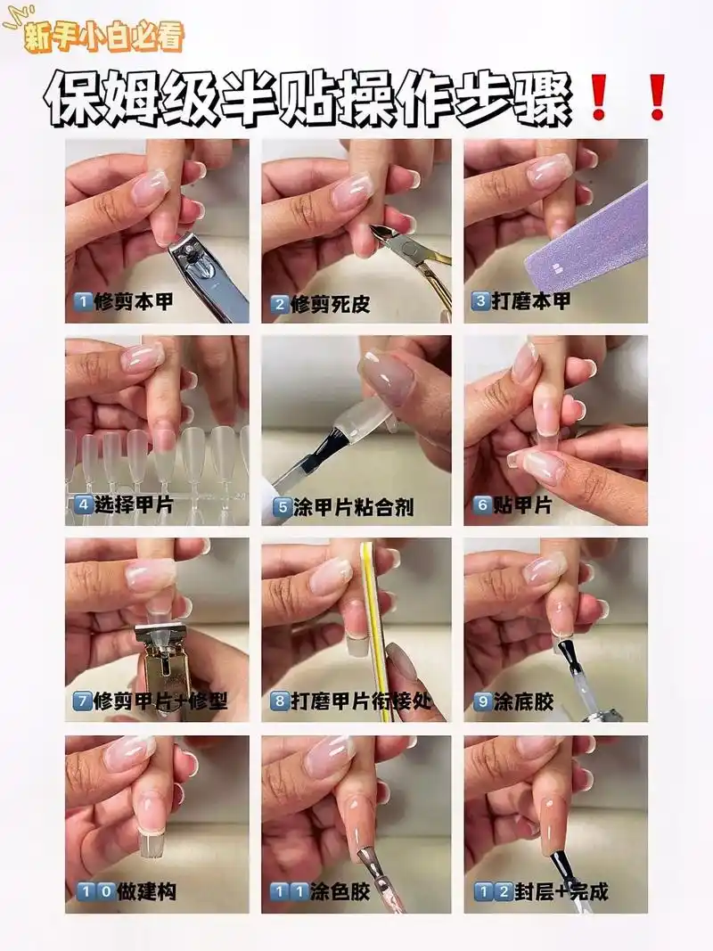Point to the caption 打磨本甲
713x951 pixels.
[531, 301]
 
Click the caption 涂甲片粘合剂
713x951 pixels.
[354, 508]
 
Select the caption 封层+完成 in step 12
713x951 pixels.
[553, 891]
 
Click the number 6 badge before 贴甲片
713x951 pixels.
[482, 505]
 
